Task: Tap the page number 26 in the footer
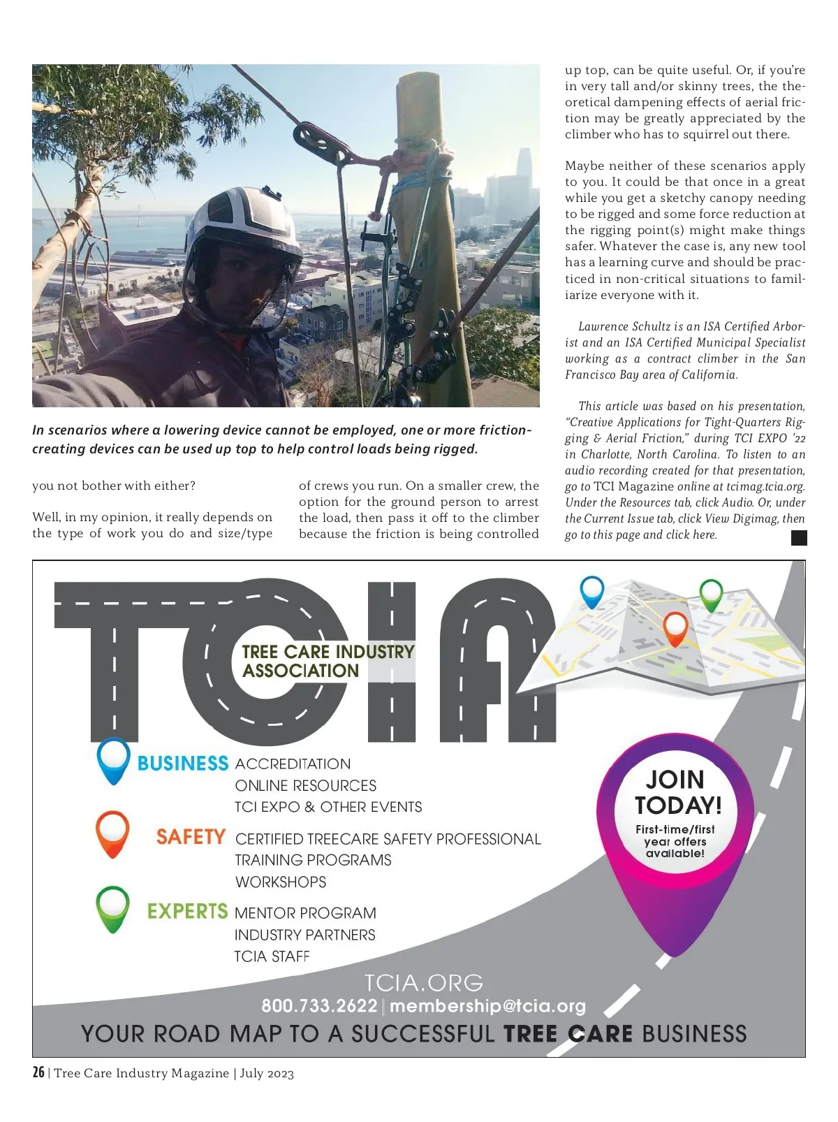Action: pyautogui.click(x=38, y=1072)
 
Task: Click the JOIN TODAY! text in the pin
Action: pyautogui.click(x=677, y=792)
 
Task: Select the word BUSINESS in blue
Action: pyautogui.click(x=183, y=764)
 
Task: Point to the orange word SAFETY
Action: pyautogui.click(x=191, y=837)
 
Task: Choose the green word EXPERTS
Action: pyautogui.click(x=187, y=912)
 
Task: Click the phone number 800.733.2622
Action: pyautogui.click(x=319, y=1006)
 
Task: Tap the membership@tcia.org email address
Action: pyautogui.click(x=487, y=1006)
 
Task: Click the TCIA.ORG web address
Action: pyautogui.click(x=423, y=983)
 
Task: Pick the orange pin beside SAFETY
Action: pyautogui.click(x=112, y=833)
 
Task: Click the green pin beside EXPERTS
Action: pyautogui.click(x=112, y=908)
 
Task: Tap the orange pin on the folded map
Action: pyautogui.click(x=675, y=627)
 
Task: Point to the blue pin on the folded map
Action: pyautogui.click(x=591, y=591)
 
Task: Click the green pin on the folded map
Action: pyautogui.click(x=711, y=595)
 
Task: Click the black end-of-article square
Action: pyautogui.click(x=799, y=537)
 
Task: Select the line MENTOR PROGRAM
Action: pyautogui.click(x=305, y=913)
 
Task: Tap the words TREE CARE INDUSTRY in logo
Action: pyautogui.click(x=328, y=652)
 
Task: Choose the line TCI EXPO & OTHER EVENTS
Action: pyautogui.click(x=328, y=807)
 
